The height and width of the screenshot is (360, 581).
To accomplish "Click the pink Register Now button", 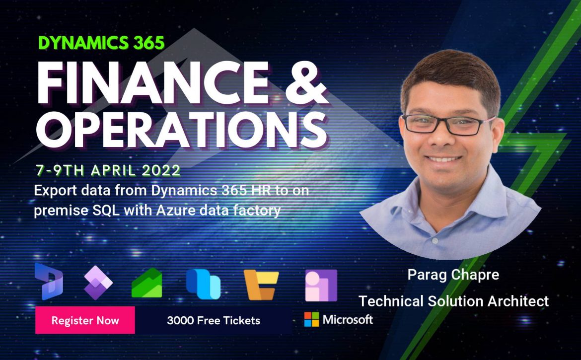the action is tap(85, 320).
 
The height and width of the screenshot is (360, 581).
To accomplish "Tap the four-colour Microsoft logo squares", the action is tap(311, 319).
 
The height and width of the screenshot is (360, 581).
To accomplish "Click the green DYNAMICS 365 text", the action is tap(101, 43).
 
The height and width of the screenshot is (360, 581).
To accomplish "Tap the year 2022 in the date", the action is tap(161, 170).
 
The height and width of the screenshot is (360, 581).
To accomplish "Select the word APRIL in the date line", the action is tap(113, 170).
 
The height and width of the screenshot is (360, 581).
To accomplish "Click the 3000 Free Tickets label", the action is tap(214, 320).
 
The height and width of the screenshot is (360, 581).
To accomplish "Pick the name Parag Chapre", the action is tap(453, 275).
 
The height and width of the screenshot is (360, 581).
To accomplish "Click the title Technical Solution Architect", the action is tap(453, 301).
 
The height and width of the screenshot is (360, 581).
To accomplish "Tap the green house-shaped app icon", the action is tap(146, 283).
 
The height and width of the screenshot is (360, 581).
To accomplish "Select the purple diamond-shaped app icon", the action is tap(98, 283).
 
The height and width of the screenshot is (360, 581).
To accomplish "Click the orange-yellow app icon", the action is tap(261, 285).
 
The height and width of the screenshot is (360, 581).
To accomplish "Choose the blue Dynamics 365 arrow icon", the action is tap(49, 281).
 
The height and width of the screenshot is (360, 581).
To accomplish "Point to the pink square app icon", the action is tap(321, 285).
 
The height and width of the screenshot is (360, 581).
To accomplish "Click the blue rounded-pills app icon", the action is tap(203, 284).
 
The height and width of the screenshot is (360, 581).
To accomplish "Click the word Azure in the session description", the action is tap(176, 211).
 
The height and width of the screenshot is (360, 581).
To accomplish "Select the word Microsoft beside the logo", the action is tap(348, 319).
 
